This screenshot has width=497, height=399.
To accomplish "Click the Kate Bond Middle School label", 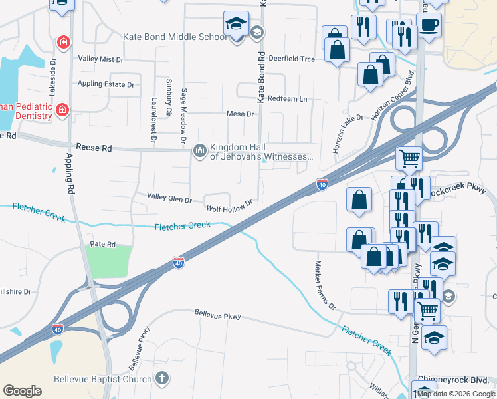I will (175, 37).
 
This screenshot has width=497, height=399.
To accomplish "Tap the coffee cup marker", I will (430, 25).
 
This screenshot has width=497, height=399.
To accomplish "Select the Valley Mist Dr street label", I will (100, 59).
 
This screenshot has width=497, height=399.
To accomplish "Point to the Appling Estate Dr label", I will (106, 84).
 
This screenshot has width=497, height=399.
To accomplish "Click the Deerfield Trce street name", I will (292, 59).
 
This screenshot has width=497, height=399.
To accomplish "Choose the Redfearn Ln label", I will (288, 99).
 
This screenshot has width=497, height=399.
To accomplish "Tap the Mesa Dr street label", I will (241, 114).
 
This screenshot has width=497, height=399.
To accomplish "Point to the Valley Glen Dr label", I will (169, 199).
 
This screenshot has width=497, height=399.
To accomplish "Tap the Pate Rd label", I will (102, 245).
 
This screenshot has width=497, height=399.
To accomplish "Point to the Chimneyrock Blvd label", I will (458, 380).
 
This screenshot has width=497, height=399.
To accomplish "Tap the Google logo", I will (22, 391).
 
